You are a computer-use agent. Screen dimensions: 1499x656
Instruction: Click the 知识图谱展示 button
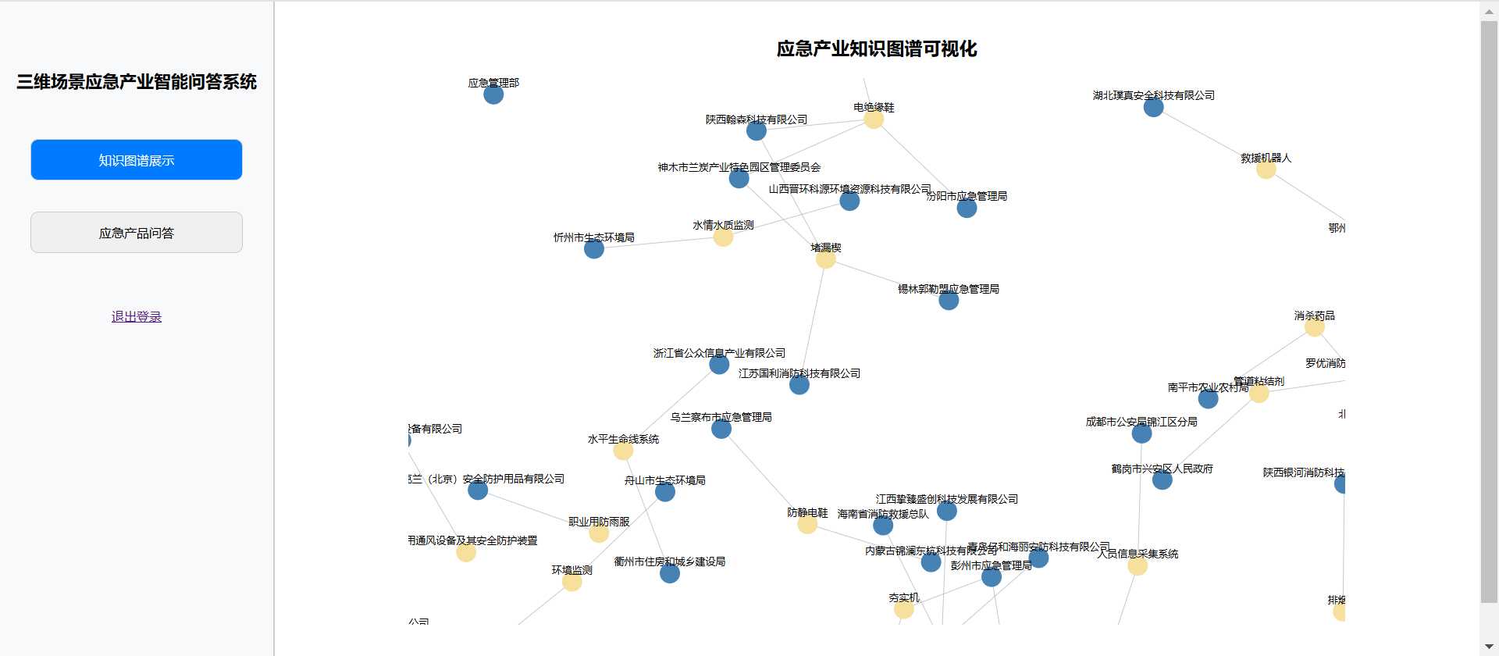pos(137,160)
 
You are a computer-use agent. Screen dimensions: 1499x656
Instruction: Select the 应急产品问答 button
pos(137,233)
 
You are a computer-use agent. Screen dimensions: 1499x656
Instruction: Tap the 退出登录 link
pos(137,316)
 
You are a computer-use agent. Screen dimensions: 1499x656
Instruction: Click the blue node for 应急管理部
pos(493,94)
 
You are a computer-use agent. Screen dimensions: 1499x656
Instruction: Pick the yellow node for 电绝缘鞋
pos(874,119)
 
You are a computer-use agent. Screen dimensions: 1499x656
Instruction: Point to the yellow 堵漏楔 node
pos(825,259)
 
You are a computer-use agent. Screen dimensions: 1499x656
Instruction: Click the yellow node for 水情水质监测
pos(723,237)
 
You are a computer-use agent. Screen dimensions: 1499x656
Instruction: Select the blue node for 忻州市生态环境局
pos(594,249)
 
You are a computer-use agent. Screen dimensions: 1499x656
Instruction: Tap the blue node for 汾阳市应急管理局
pos(967,208)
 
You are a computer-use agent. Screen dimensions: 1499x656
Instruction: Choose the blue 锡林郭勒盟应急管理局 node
pos(949,301)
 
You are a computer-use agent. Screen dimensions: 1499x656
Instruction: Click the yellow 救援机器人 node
pos(1266,169)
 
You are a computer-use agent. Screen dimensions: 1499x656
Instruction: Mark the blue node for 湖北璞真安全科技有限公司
pos(1153,107)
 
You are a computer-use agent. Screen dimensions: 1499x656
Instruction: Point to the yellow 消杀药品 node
pos(1314,327)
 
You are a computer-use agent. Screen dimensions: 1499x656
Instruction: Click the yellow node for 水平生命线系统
pos(623,451)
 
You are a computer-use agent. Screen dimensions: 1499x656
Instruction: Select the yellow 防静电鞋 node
pos(807,525)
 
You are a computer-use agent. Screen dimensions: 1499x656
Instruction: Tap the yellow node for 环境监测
pos(572,582)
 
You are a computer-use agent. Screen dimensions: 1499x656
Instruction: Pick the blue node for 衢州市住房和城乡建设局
pos(670,573)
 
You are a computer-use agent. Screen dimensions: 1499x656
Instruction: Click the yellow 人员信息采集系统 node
pos(1138,565)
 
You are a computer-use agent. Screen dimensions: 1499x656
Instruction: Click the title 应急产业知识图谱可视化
pos(876,49)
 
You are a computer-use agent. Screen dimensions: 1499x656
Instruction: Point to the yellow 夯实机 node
pos(903,609)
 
